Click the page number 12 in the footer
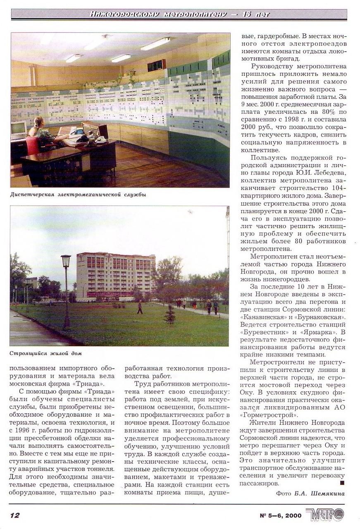click(x=15, y=515)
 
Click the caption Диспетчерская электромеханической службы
click(x=78, y=194)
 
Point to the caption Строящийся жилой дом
click(x=46, y=353)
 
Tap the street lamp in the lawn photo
click(x=66, y=290)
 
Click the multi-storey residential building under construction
click(x=115, y=275)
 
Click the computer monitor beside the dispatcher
click(x=18, y=129)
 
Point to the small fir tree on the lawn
click(x=169, y=315)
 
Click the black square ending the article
click(x=342, y=482)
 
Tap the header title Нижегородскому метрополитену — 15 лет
click(x=179, y=14)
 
